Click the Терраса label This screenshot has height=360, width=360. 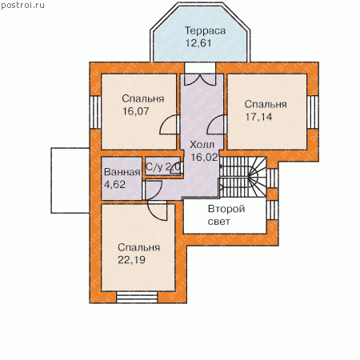[206, 31]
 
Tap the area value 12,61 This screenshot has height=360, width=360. [198, 43]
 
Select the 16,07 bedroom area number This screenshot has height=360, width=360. [136, 111]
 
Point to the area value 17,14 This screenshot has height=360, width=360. [258, 117]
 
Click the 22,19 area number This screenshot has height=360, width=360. [132, 260]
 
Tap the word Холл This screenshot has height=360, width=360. [202, 145]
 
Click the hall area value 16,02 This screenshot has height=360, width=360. [204, 158]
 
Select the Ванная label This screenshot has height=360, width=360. [122, 172]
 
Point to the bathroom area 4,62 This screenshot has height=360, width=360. [114, 184]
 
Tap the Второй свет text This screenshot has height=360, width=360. [226, 215]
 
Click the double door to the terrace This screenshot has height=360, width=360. [200, 80]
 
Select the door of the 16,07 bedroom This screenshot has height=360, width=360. [169, 125]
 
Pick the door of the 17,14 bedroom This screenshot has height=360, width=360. [216, 125]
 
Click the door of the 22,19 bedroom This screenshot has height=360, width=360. [158, 210]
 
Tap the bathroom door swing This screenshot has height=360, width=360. [153, 190]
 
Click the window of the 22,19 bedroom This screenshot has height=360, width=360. [137, 297]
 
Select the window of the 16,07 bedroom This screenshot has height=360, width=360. [95, 112]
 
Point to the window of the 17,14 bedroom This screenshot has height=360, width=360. [313, 112]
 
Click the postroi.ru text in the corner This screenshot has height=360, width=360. [22, 6]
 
